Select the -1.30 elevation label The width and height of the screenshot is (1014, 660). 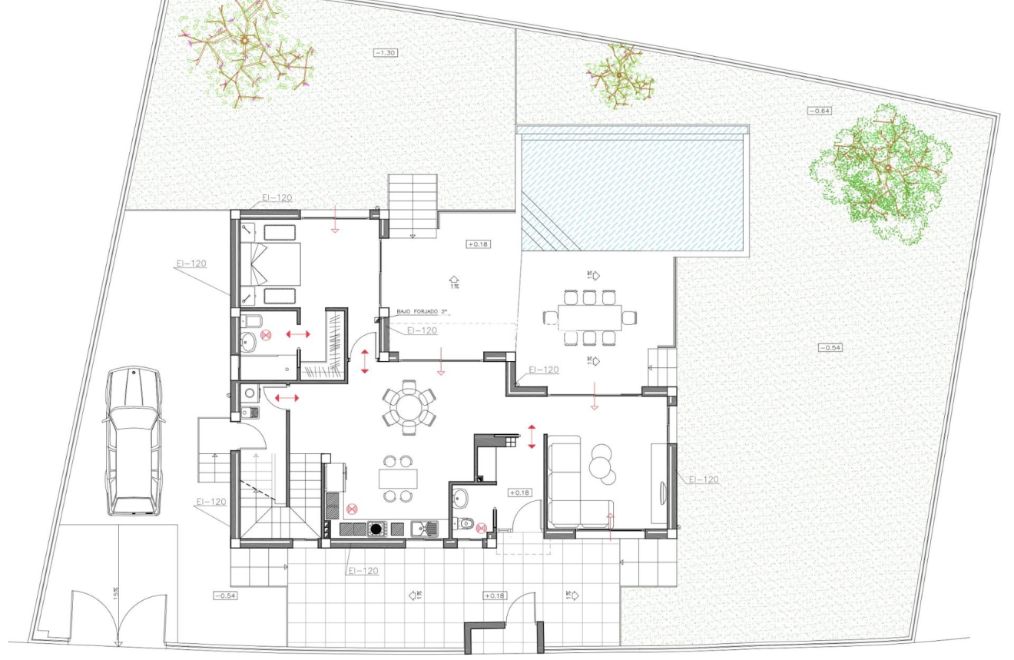(386, 53)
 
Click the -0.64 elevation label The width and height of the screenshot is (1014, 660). (820, 111)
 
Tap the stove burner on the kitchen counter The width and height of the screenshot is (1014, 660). (376, 528)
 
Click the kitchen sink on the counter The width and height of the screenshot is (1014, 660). (424, 528)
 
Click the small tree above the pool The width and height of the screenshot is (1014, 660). (619, 75)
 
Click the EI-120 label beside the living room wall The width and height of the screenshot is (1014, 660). (703, 479)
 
